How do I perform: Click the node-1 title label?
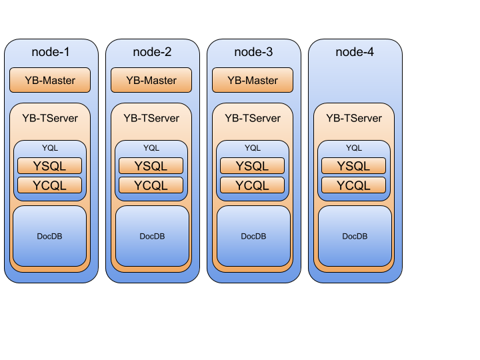click(51, 52)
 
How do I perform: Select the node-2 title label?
click(152, 52)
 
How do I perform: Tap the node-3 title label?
click(253, 52)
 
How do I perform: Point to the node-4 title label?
click(355, 52)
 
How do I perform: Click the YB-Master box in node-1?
click(50, 81)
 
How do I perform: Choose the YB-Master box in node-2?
click(151, 81)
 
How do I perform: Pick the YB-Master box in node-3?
click(253, 81)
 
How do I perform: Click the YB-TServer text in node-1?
click(50, 118)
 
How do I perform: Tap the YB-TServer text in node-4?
click(354, 118)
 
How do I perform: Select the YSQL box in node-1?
click(50, 166)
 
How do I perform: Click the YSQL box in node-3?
click(253, 166)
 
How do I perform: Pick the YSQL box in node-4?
click(354, 166)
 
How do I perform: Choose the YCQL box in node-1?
click(50, 185)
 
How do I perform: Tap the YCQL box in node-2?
click(151, 185)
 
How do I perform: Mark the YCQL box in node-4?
click(354, 185)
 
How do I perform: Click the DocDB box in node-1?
click(50, 236)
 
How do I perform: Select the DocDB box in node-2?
click(151, 236)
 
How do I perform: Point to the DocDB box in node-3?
click(253, 236)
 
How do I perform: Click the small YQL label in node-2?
click(151, 148)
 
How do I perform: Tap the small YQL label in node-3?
click(253, 148)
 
